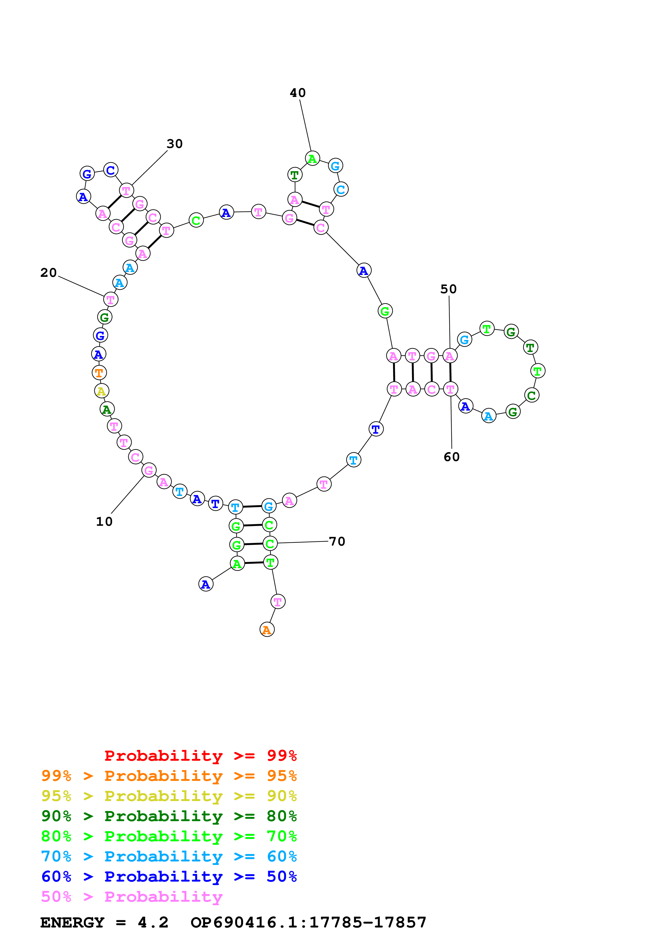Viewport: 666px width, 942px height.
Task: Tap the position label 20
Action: [48, 273]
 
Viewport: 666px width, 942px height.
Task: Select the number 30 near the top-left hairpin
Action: [174, 144]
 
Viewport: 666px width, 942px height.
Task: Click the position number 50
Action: [448, 289]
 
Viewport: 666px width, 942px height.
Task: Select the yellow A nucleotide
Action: [101, 391]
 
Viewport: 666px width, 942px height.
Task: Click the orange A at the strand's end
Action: [267, 629]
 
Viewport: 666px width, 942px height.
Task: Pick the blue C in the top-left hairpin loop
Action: [110, 170]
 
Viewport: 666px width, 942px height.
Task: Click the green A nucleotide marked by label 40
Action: [312, 158]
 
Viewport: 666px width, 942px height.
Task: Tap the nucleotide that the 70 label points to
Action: [270, 544]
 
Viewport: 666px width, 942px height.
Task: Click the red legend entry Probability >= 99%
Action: [200, 755]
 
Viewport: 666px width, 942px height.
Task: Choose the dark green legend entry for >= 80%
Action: [169, 816]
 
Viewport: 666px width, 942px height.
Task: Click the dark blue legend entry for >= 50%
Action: [169, 876]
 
